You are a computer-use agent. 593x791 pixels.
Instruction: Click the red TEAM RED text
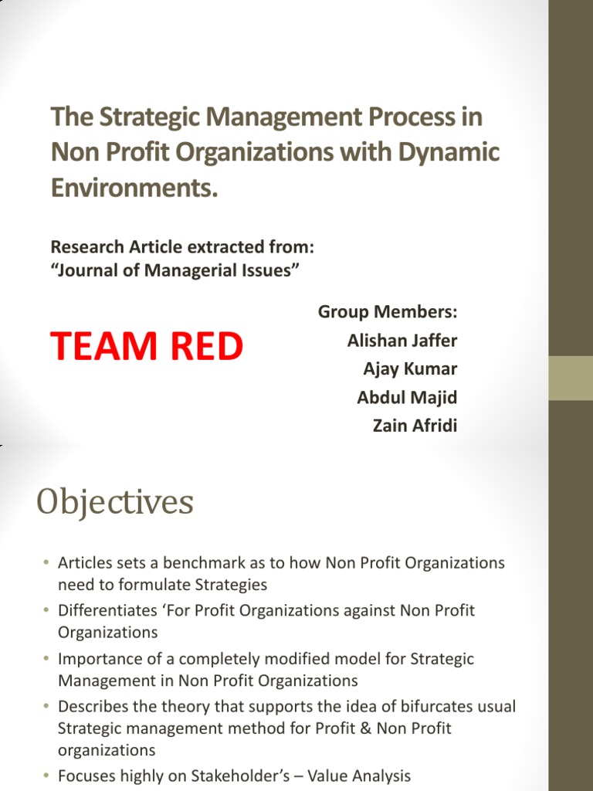(x=147, y=347)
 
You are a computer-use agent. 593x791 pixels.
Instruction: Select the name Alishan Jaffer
(x=402, y=340)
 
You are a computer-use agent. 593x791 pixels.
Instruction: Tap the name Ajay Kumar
(x=410, y=368)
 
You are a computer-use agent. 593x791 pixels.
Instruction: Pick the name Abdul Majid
(x=407, y=397)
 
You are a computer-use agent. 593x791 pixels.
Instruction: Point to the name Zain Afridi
(x=415, y=426)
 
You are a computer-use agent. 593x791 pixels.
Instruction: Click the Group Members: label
(x=388, y=311)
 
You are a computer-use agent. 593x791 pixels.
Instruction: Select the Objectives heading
(x=115, y=503)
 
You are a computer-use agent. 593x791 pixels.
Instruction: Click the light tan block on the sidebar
(x=571, y=378)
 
